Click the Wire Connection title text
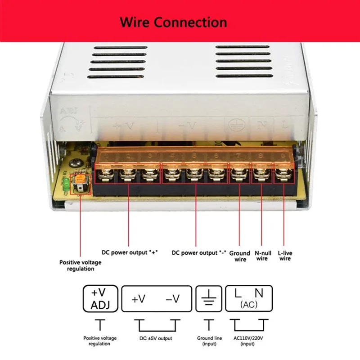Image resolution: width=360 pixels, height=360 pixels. coord(173,22)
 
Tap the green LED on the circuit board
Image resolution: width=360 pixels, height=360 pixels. coord(66,184)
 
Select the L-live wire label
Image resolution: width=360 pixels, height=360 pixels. coord(284,256)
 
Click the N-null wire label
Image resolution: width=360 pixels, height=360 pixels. coord(262,256)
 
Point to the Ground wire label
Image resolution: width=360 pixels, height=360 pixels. coord(239,256)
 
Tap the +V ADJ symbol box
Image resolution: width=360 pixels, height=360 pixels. coord(101,298)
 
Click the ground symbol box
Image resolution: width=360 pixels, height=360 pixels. coord(208,298)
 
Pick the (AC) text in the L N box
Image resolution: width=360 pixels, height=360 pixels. coord(248,305)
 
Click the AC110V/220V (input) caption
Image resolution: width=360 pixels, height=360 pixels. coord(249,341)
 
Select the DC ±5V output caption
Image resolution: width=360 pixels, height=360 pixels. coord(156,338)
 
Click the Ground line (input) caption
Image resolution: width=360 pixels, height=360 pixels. coord(208,341)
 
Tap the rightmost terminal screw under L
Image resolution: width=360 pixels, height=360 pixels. coord(284,174)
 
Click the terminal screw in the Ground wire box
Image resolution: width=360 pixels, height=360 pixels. coord(239,174)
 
